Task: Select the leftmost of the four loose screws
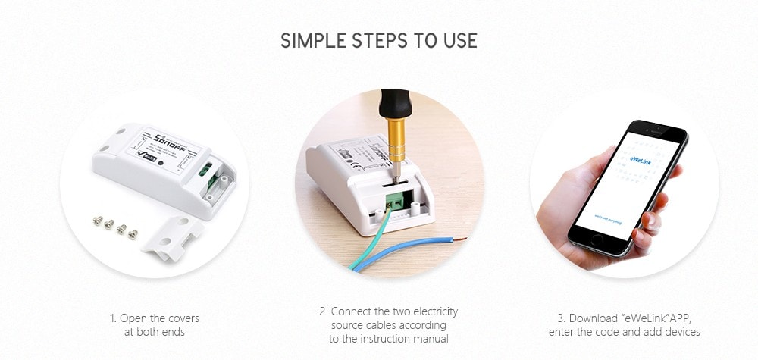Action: point(97,222)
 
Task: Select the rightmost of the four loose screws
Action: point(133,233)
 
